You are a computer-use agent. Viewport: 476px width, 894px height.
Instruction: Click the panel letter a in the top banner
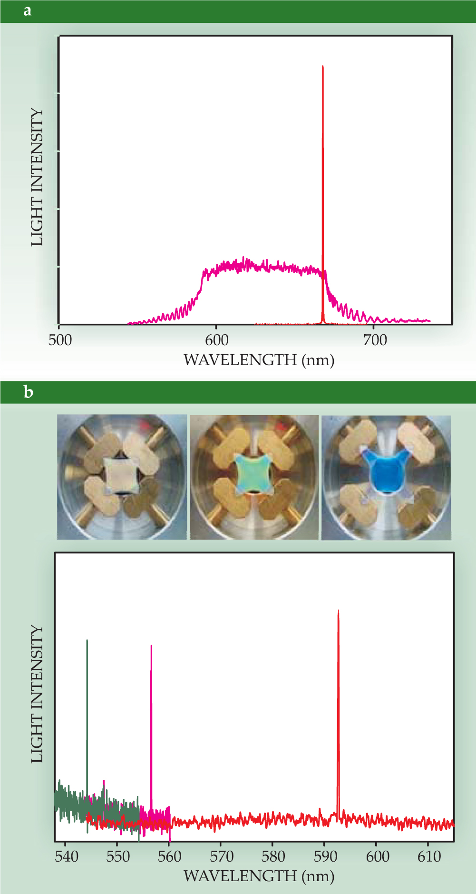click(28, 11)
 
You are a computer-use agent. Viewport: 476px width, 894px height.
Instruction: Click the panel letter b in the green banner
click(29, 392)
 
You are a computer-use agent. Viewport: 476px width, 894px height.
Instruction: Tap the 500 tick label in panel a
click(60, 340)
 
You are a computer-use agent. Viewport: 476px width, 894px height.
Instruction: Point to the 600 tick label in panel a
click(217, 340)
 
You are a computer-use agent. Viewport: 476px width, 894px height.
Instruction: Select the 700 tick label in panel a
click(375, 340)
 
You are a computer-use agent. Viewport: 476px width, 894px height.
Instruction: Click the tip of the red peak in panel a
click(323, 67)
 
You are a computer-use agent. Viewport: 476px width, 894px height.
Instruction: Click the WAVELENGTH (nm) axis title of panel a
click(259, 360)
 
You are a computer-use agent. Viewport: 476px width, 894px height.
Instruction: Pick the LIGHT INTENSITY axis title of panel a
click(37, 178)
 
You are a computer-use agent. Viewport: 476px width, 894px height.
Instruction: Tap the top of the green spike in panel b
click(87, 641)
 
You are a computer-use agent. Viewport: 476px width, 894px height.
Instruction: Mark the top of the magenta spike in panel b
click(151, 646)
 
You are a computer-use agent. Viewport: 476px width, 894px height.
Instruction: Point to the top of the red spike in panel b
click(338, 611)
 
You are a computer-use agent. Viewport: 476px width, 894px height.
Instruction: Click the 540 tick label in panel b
click(67, 856)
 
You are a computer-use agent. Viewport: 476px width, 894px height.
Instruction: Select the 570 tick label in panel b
click(222, 856)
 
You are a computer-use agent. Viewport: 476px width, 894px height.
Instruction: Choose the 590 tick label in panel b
click(325, 856)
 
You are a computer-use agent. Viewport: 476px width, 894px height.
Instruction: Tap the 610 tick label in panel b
click(429, 856)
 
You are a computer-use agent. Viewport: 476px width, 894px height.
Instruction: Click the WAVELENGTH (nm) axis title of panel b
click(259, 876)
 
